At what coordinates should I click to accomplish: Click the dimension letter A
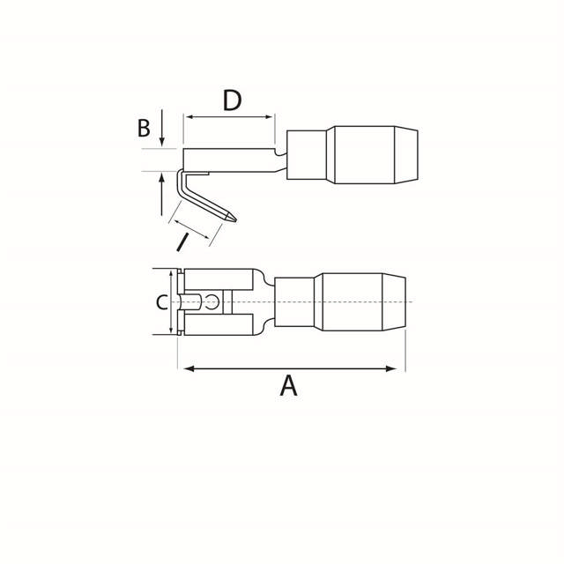coord(288,385)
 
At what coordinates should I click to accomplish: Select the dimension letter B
coord(144,129)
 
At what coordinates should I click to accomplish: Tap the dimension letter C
coord(161,303)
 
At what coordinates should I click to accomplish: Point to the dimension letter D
coord(231,100)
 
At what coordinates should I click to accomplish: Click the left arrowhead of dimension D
coord(189,116)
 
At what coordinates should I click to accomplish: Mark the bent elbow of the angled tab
coord(181,176)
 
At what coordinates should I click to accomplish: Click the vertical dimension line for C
coord(168,302)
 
